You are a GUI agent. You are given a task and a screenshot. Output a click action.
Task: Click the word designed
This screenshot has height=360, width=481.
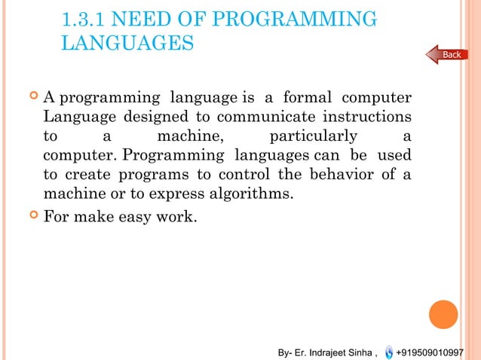click(153, 117)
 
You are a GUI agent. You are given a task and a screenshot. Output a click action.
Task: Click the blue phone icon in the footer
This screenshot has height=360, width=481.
click(388, 352)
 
